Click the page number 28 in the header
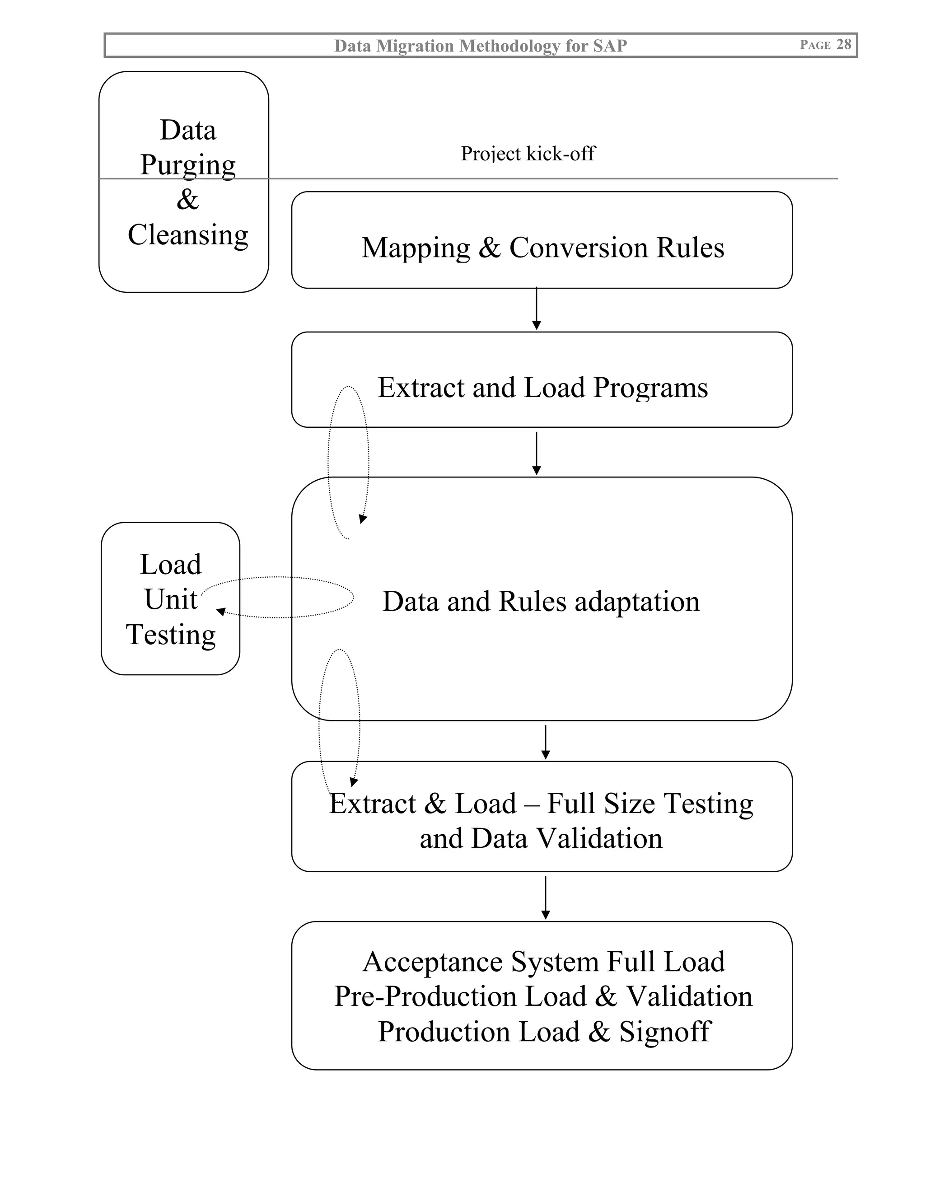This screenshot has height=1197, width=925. click(x=843, y=44)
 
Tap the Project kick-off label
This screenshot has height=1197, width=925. click(x=528, y=154)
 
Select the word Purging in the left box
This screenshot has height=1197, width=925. click(x=188, y=165)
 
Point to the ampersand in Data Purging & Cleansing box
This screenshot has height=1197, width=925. click(x=187, y=200)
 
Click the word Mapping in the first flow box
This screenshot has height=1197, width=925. click(x=416, y=248)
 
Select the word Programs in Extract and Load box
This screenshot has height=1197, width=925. click(x=650, y=388)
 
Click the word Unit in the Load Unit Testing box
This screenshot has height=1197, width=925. click(x=170, y=599)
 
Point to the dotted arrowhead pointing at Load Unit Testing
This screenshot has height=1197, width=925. click(x=221, y=612)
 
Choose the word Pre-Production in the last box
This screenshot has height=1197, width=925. click(x=425, y=996)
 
